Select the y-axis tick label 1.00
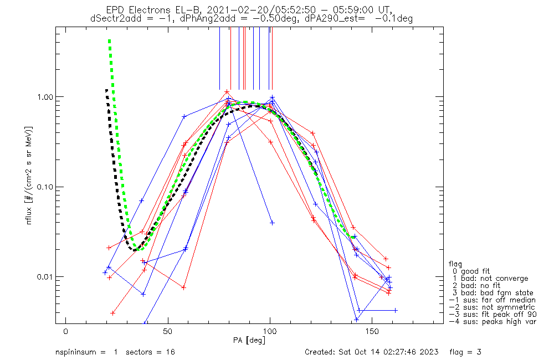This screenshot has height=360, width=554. [x=44, y=96]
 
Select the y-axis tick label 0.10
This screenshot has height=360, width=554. [x=44, y=187]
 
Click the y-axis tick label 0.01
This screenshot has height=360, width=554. [x=44, y=277]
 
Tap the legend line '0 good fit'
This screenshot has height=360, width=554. [x=477, y=271]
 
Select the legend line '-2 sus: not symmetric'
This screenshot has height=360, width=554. [x=492, y=307]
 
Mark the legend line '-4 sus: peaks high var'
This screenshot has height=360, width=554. [x=493, y=322]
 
